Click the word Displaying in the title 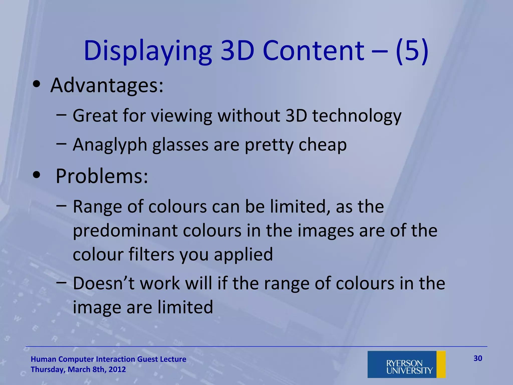pos(148,51)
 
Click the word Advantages pos(106,85)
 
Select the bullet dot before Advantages pos(37,84)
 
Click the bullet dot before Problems pos(37,175)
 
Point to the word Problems pos(101,176)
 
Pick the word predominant pos(125,231)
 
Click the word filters pos(151,254)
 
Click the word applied pos(243,254)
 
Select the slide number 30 pos(478,358)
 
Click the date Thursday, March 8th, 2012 pos(78,369)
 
